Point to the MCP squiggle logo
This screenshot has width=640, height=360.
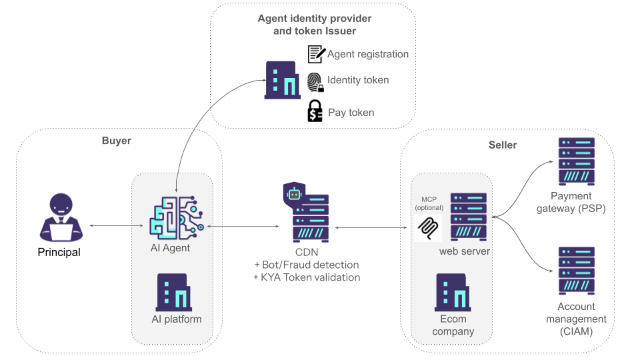coord(427,228)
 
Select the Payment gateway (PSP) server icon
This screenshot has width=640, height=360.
coord(577,162)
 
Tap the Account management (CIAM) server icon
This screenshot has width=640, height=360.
coord(577,271)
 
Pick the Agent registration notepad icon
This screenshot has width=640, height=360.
coord(316,54)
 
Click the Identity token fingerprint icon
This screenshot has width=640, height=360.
coord(315,82)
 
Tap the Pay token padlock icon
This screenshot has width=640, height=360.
coord(315,111)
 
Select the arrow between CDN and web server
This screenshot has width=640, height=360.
coord(371,227)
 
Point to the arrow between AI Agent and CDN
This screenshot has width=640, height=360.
coord(243,227)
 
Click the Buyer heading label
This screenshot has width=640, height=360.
coord(117,141)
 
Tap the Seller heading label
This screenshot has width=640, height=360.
coord(503,145)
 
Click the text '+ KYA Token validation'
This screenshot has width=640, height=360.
coord(307,277)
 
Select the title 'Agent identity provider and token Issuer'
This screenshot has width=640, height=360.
coord(315,24)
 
